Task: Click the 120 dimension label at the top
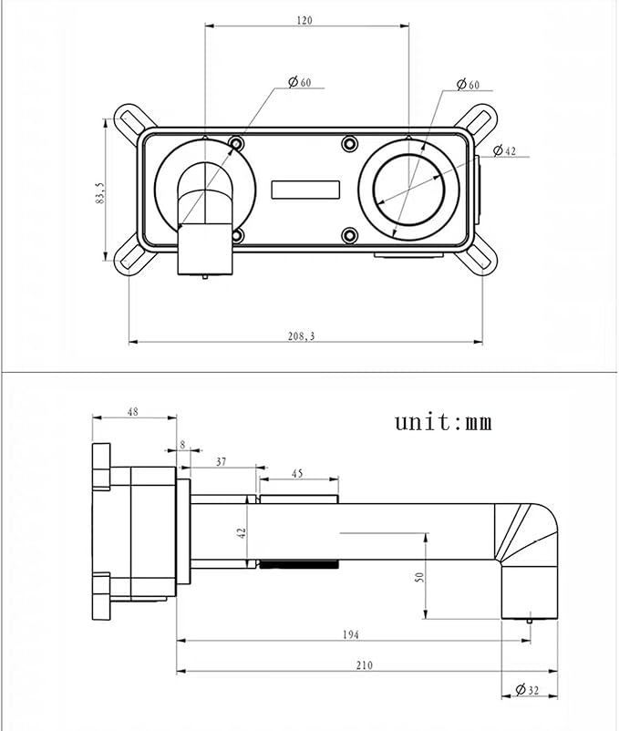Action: coord(304,20)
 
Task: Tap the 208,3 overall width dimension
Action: coord(302,335)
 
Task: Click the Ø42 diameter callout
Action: coord(505,150)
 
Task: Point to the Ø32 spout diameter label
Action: coord(527,689)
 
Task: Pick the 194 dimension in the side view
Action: coord(350,634)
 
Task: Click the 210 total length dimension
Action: coord(365,665)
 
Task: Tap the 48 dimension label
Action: coord(133,412)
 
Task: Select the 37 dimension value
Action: coord(221,461)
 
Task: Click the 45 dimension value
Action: coord(297,474)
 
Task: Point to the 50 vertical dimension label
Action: coord(419,577)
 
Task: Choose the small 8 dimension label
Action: coord(182,445)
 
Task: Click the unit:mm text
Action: coord(443,422)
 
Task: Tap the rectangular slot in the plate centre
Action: coord(305,190)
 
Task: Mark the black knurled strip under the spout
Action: coord(299,564)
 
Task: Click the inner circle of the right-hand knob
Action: coord(408,189)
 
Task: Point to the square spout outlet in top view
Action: coord(204,249)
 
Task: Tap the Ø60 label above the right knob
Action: coord(469,85)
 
